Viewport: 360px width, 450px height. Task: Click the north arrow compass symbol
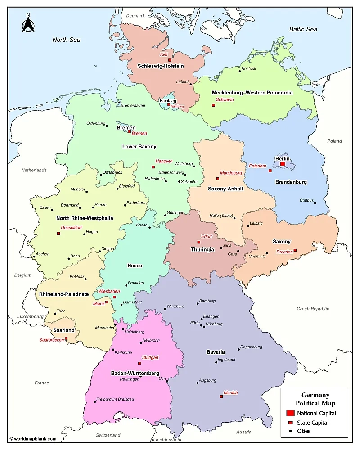coord(28,23)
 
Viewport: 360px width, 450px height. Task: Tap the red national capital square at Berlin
coord(282,164)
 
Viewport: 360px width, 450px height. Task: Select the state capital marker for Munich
coord(221,396)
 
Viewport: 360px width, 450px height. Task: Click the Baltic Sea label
coord(303,30)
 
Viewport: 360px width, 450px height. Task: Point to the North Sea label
coord(66,40)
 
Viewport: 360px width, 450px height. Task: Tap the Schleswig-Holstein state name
coord(161,66)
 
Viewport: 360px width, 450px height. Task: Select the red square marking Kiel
coord(170,60)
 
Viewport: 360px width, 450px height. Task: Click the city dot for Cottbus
coord(315,203)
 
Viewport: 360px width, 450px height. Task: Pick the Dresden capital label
coord(284,252)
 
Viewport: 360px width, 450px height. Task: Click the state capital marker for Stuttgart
coord(139,363)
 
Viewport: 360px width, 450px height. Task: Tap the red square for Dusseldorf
coord(58,233)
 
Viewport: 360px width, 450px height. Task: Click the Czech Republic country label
coord(313,309)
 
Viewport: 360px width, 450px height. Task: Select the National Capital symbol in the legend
coord(290,413)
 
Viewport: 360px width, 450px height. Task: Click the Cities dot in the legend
coord(290,431)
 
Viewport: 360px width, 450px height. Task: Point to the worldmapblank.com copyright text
coord(33,439)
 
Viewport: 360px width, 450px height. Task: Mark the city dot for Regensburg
coord(239,349)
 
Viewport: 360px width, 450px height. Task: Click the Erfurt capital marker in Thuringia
coord(198,242)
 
